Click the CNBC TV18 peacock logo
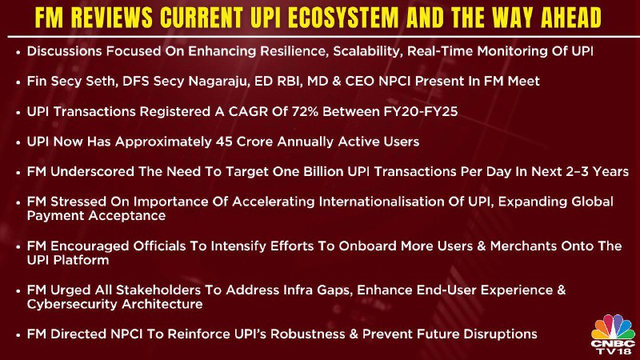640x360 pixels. click(613, 334)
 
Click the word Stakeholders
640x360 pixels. click(158, 290)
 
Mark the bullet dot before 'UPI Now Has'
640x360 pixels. click(18, 142)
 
